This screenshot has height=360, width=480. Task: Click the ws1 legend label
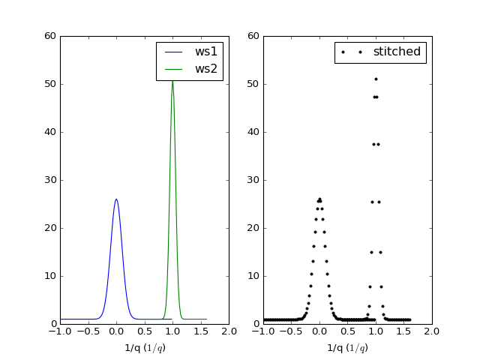pos(206,52)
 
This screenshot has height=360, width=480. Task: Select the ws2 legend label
pos(206,69)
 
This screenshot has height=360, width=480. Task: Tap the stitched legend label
pos(397,52)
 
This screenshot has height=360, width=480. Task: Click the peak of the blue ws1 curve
pos(116,199)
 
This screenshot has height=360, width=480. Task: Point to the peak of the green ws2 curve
pos(172,79)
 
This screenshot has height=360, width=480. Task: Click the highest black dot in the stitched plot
pos(376,79)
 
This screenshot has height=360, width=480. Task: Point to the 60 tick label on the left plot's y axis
pos(50,36)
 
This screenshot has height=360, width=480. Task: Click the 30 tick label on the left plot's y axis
pos(50,180)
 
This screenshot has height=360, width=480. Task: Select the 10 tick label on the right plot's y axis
pos(253,276)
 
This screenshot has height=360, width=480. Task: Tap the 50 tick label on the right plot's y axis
pos(253,84)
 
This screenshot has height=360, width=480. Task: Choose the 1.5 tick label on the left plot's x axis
pos(201,331)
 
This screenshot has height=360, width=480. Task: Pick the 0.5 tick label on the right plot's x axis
pos(347,331)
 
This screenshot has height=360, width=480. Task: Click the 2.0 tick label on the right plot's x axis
pos(432,331)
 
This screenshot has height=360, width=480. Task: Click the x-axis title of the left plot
pos(145,348)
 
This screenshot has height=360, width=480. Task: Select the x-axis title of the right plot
pos(347,348)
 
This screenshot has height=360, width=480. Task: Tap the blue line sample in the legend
pos(173,52)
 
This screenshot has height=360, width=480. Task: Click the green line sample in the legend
pos(173,70)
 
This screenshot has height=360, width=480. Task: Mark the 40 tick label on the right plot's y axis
pos(253,132)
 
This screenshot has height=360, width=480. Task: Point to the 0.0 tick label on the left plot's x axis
pos(116,331)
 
